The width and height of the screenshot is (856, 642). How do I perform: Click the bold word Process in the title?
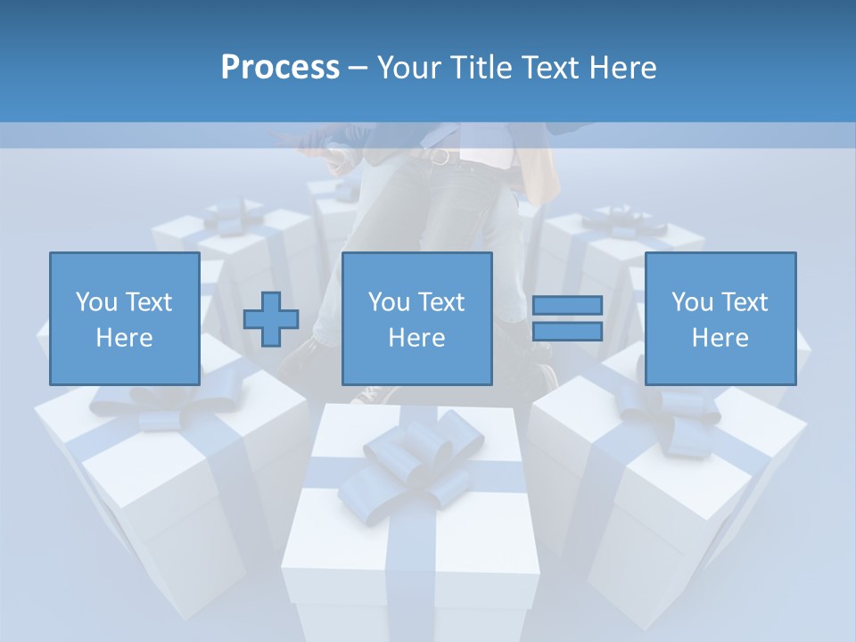click(280, 68)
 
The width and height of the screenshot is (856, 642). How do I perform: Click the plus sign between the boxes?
click(271, 318)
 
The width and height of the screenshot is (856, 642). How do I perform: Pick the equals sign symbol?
click(567, 318)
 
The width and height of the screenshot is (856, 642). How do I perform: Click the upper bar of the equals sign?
click(567, 306)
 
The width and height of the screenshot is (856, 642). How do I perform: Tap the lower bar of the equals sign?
click(567, 331)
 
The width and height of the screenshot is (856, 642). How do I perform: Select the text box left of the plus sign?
click(124, 318)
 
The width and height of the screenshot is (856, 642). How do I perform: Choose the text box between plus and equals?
click(416, 318)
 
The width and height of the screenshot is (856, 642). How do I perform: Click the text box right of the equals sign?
click(720, 318)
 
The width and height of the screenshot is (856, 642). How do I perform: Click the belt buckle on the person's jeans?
click(439, 157)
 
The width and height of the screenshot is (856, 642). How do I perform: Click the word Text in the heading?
click(547, 68)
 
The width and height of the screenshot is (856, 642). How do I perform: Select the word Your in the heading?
click(406, 68)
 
